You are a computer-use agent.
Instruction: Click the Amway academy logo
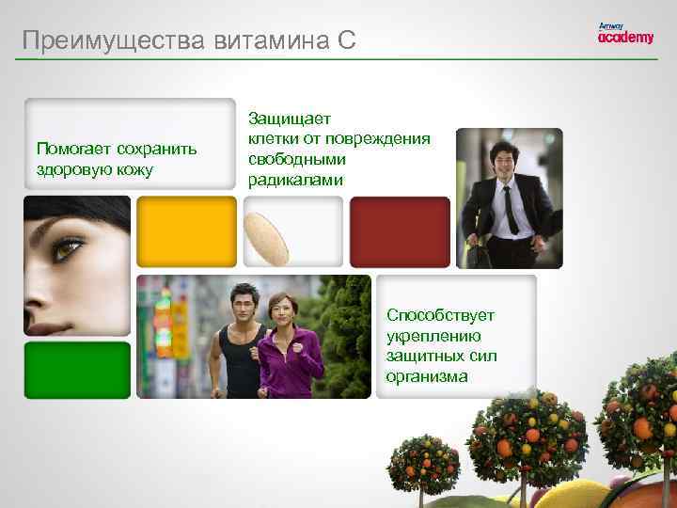coord(625,34)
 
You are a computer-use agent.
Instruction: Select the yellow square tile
coord(186,232)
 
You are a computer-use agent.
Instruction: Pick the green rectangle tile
coord(77,370)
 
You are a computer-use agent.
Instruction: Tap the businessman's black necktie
coord(509,209)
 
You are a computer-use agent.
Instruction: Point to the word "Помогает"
coord(73,149)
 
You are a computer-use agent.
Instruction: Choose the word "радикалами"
coord(296,180)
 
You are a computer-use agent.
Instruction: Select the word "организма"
coord(426,376)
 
